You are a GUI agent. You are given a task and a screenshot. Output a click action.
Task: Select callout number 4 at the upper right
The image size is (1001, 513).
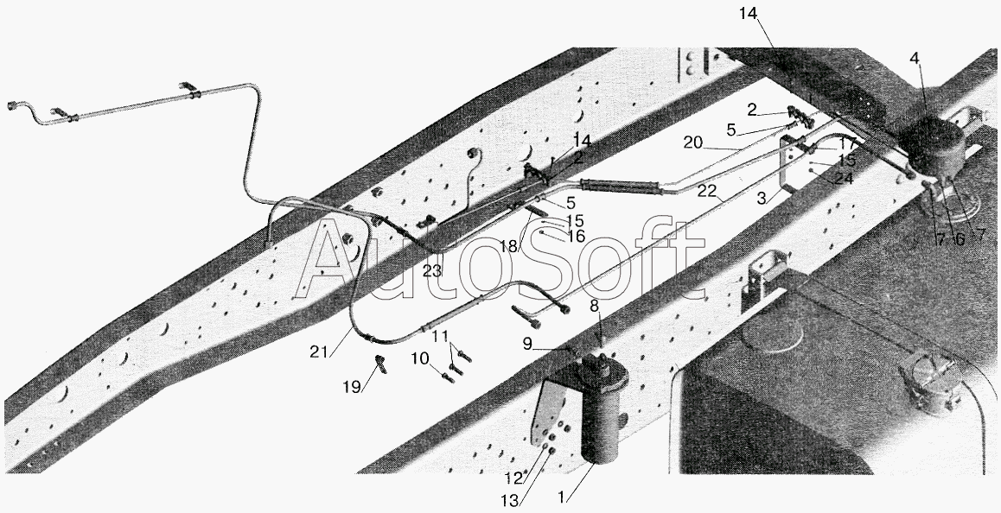[915, 59]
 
